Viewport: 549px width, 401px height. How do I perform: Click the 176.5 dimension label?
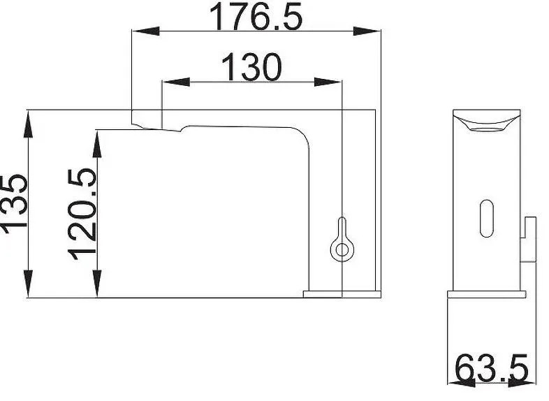[256, 16]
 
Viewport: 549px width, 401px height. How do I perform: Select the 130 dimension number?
[251, 67]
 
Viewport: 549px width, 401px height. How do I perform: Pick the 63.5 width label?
[492, 367]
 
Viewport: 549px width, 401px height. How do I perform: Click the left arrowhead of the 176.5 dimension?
[146, 31]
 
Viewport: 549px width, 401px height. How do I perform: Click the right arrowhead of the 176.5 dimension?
[367, 31]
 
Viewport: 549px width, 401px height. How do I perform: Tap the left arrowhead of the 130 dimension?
[177, 82]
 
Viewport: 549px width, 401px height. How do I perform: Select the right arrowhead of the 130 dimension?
[328, 82]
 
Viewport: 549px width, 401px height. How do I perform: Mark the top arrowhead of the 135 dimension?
[29, 124]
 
